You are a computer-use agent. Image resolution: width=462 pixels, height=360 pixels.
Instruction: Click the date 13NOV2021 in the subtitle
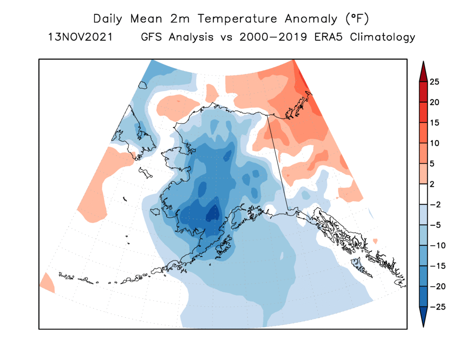point(80,37)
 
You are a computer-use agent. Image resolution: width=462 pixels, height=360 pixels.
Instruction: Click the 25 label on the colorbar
point(435,82)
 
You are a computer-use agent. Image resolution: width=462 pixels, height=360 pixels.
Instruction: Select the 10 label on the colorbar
point(435,144)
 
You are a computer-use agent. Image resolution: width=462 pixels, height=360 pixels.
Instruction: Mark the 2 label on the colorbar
point(433,184)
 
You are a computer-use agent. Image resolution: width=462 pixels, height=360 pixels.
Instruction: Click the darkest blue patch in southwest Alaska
point(213,212)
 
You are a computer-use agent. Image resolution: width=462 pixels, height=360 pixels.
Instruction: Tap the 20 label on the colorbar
point(435,102)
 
